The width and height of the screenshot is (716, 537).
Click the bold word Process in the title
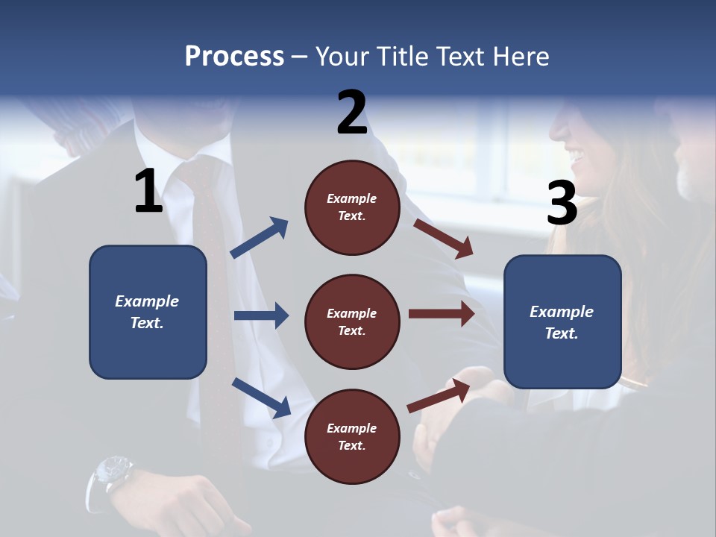point(234,57)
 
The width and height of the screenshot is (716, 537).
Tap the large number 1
point(148,192)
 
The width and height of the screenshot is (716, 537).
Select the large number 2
point(352,113)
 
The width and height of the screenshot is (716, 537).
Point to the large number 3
point(562,203)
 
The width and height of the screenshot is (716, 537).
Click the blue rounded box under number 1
point(148,312)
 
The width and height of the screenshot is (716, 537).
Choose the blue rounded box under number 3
point(562,322)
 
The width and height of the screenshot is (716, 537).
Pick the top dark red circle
point(352,207)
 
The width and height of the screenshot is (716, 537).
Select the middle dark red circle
point(352,322)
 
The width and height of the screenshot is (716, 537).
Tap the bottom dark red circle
point(352,436)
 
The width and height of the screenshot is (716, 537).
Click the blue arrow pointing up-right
point(260,238)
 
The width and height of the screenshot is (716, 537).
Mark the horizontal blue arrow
point(261,315)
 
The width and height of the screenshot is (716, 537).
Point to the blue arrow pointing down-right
point(261,398)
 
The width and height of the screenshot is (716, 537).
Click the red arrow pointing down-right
point(443,238)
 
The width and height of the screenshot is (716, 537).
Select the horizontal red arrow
point(442,314)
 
